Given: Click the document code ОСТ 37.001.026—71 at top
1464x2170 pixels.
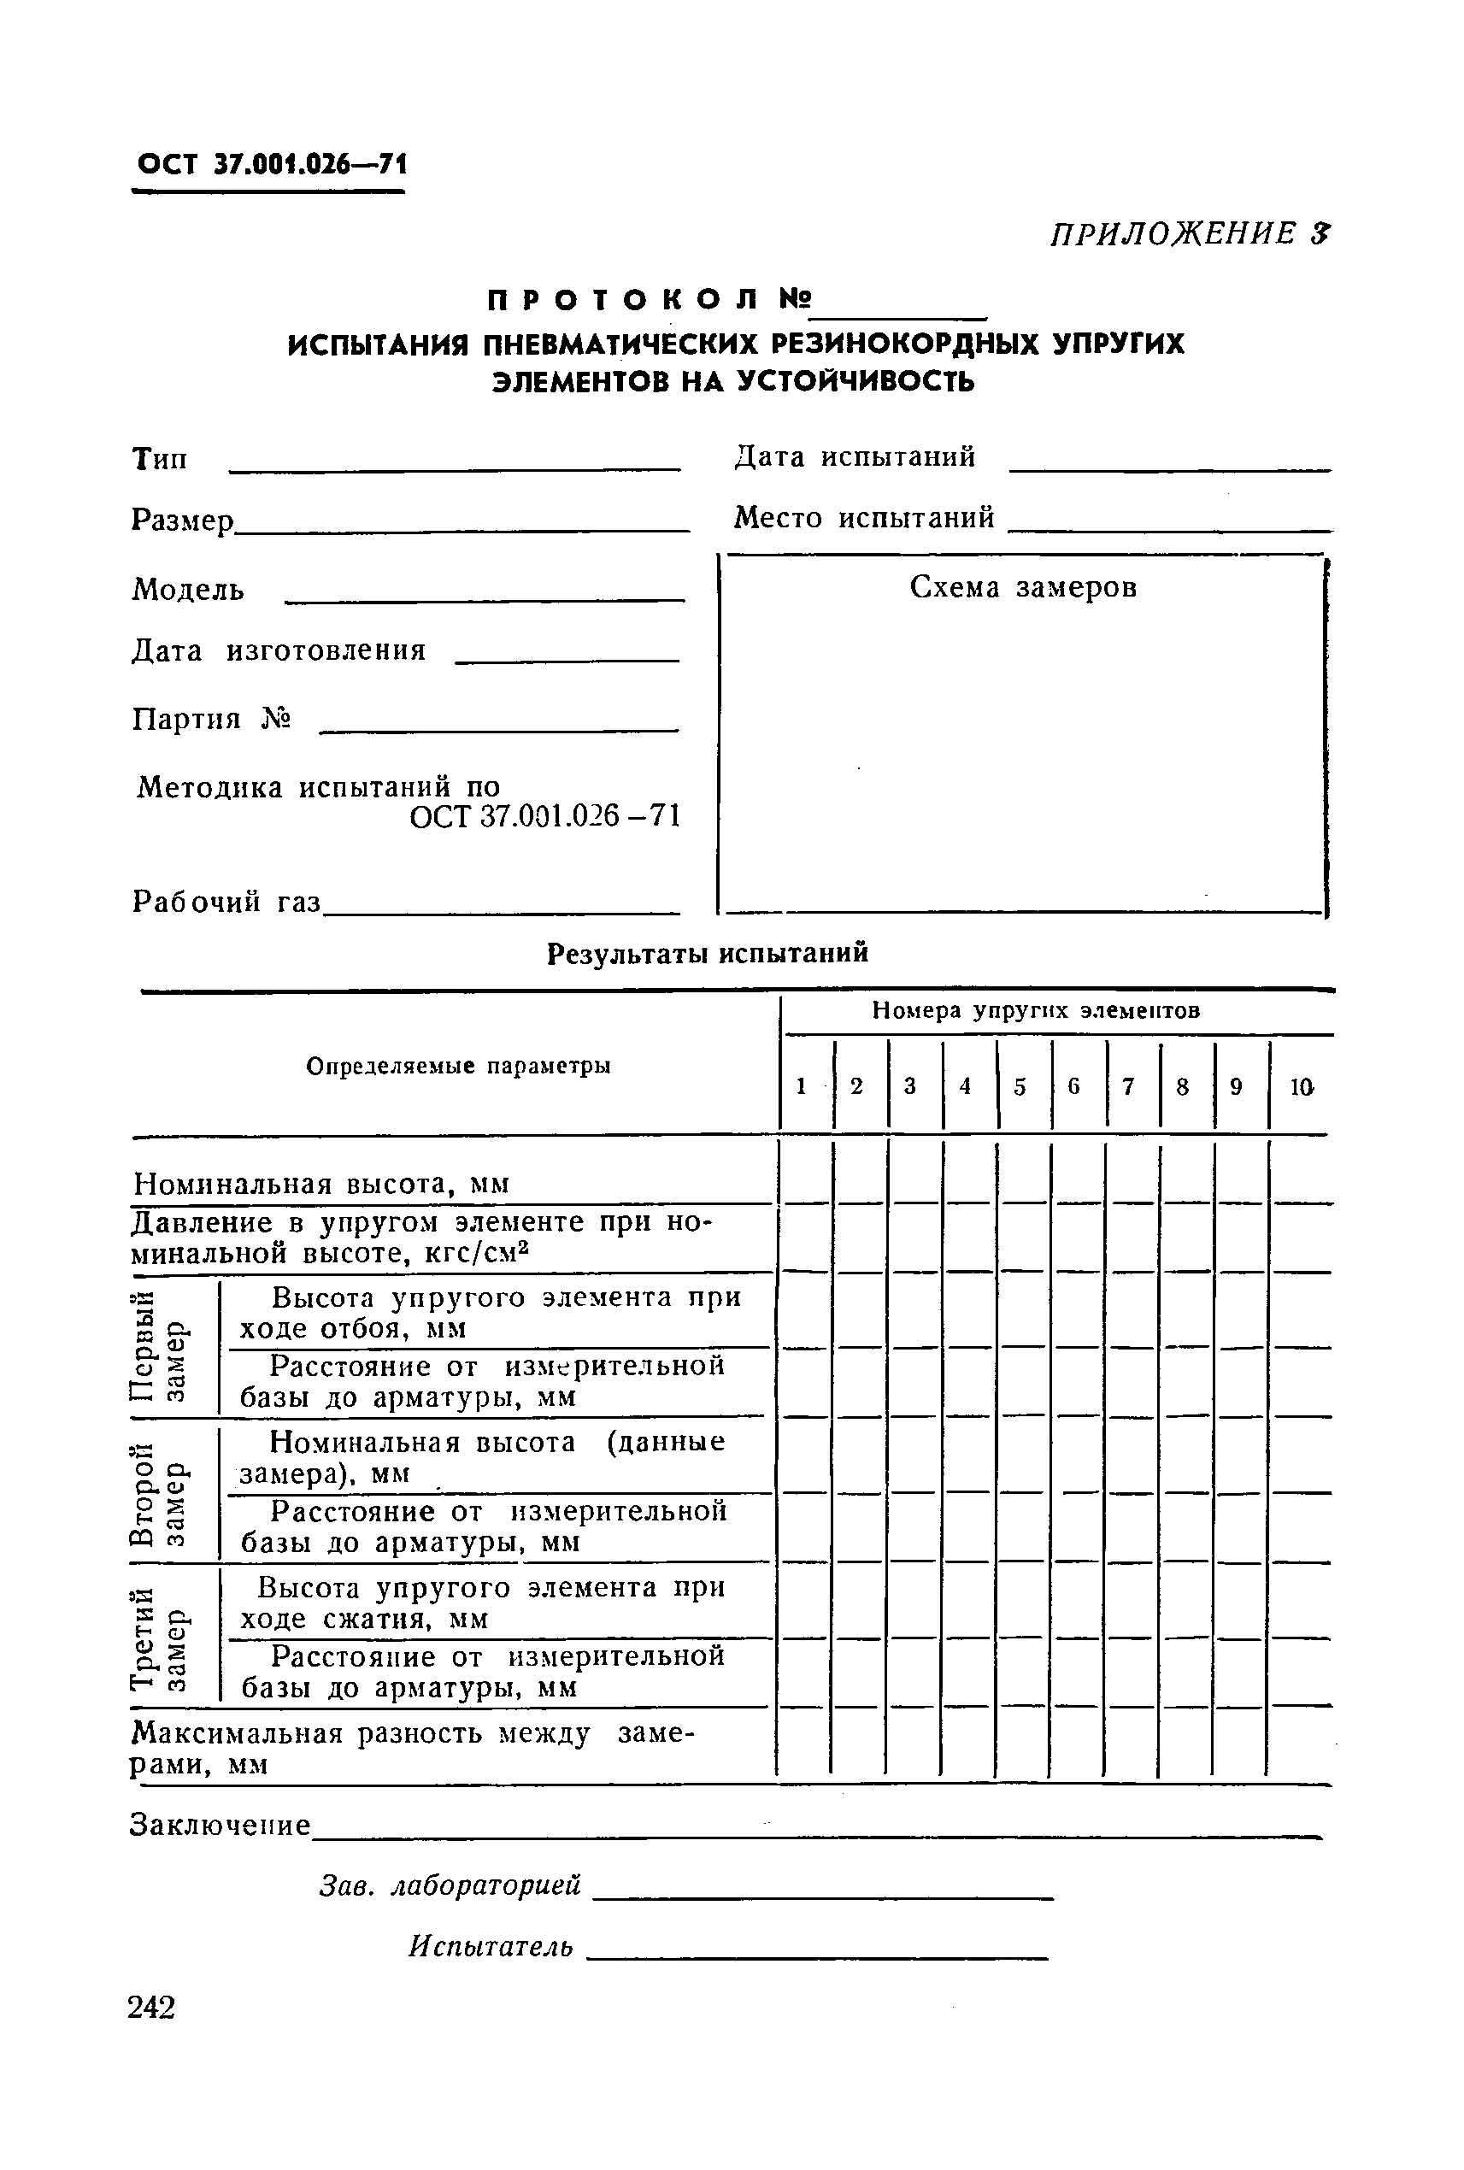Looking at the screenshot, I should (271, 164).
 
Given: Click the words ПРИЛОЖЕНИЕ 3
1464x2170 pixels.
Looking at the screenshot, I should (1189, 233).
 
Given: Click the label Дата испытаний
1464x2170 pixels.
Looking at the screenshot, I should (855, 456).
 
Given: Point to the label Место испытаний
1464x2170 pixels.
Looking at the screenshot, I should (864, 517).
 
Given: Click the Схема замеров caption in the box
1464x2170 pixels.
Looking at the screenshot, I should (1023, 587).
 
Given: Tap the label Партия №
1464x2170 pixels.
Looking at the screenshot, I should (211, 718).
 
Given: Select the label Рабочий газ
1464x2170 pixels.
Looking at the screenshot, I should (226, 901).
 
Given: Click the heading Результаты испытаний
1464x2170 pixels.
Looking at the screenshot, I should (707, 952).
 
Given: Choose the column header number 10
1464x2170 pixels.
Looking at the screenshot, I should (1301, 1086).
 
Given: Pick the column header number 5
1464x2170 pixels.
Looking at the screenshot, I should (1020, 1086).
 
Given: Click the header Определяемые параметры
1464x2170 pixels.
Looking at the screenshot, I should (458, 1066).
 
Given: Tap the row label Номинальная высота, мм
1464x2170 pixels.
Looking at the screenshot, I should (321, 1184).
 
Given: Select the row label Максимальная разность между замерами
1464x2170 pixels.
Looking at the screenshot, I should (411, 1748).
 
